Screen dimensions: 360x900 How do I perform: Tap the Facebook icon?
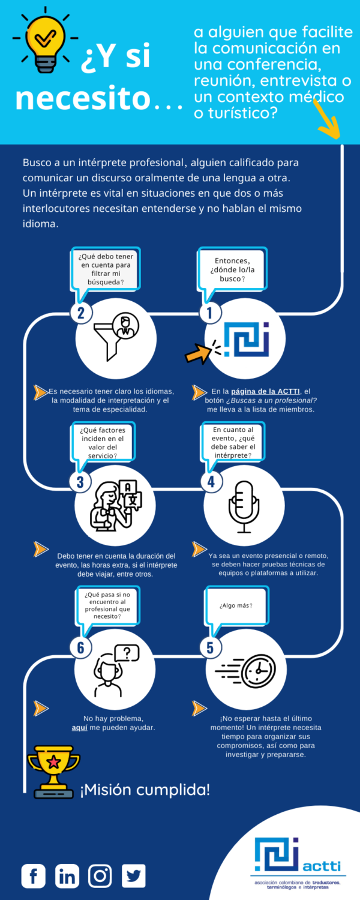(x=34, y=876)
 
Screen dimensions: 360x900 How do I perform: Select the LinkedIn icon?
(x=67, y=876)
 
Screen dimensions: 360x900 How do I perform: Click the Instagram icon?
(x=100, y=876)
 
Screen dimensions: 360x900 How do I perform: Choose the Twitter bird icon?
(x=133, y=876)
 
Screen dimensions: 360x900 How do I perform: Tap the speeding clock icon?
(x=245, y=670)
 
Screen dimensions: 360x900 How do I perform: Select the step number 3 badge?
(x=80, y=481)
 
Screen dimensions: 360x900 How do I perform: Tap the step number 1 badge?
(x=210, y=313)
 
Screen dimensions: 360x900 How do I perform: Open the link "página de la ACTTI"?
(x=265, y=391)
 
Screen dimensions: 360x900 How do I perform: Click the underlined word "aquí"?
(x=80, y=728)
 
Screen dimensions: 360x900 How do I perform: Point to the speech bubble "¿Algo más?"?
(x=236, y=605)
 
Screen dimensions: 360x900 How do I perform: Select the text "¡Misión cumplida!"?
(x=145, y=790)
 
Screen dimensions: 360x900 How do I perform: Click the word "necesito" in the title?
(x=82, y=98)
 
